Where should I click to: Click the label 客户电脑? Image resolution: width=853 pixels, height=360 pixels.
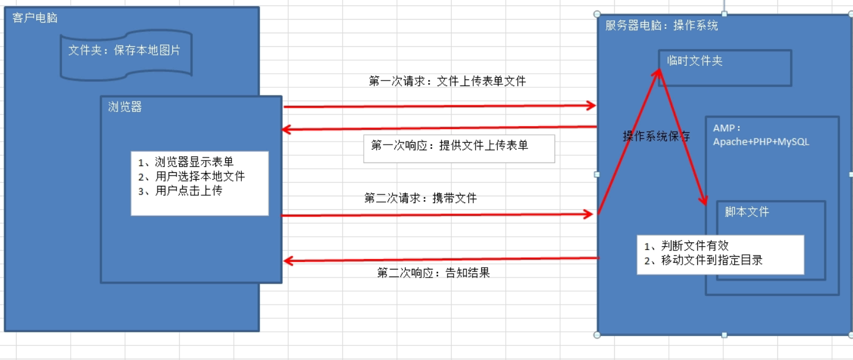35,18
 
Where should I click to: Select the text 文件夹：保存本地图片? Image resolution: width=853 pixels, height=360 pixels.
124,50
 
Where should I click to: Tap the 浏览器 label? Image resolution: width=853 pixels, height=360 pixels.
125,107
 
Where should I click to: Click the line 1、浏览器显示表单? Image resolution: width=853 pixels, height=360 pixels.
186,162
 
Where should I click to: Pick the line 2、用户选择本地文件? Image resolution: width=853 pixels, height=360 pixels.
191,177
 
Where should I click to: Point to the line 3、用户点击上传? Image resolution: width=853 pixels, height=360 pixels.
180,191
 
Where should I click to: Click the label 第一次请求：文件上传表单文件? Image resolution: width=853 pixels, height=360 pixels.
447,81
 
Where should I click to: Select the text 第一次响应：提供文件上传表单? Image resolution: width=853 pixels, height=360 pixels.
450,146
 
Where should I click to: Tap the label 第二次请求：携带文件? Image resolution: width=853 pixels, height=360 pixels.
420,198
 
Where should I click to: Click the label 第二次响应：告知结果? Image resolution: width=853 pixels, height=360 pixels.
433,273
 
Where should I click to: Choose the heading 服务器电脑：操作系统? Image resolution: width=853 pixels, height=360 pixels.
662,26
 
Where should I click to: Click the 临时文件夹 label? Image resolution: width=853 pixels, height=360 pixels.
695,60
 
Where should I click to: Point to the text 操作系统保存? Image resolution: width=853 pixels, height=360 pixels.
657,136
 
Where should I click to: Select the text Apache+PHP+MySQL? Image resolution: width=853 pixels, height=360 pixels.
761,142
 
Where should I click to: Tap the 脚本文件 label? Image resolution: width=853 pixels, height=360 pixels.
747,212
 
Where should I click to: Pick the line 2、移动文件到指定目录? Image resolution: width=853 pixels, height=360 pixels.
703,260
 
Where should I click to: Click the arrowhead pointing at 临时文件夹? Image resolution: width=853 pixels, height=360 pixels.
658,72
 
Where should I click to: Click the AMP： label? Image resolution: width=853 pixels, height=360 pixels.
727,128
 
